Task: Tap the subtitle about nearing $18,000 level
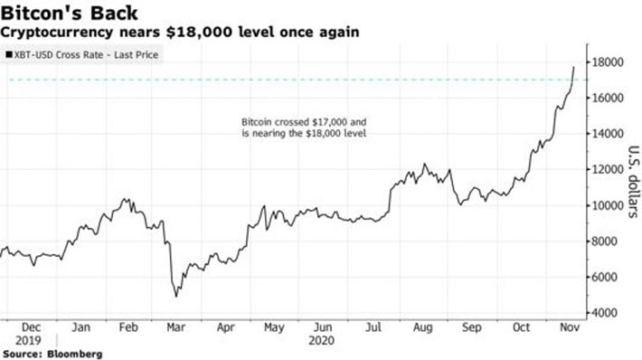coord(180,32)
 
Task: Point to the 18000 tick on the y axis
coord(609,62)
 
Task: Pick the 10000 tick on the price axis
coord(609,205)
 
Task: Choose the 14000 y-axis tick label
coord(609,134)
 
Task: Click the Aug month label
coord(421,329)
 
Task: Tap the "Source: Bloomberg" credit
coord(52,353)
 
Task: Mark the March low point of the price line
coord(175,296)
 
